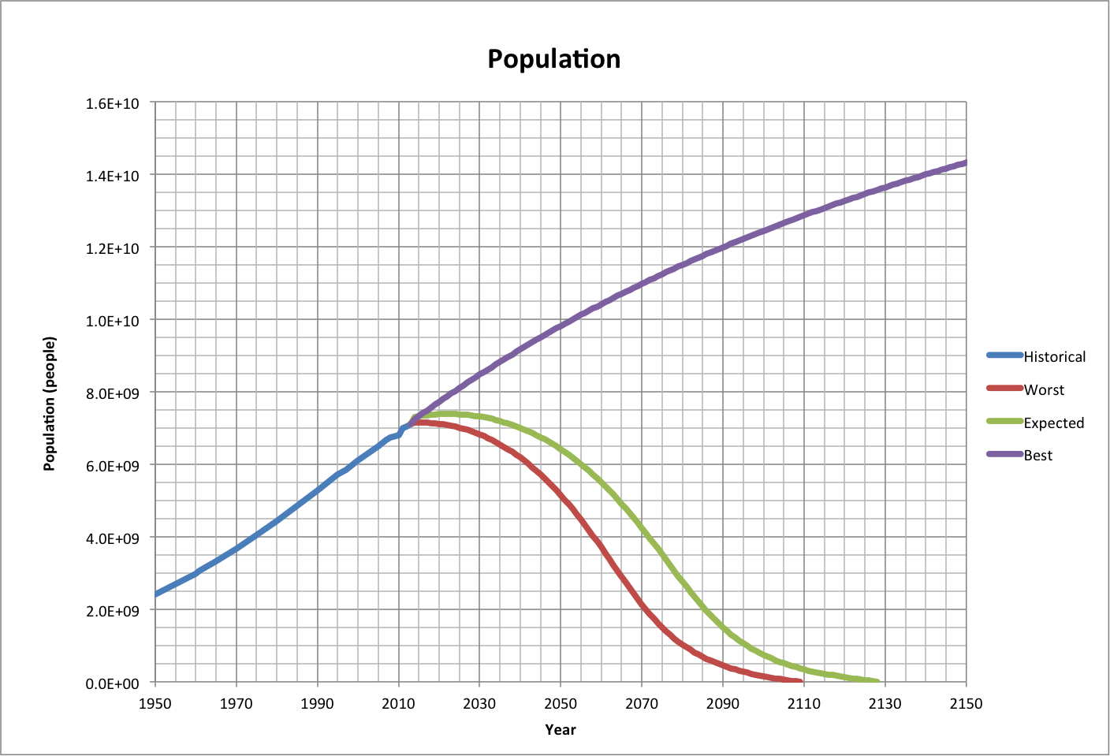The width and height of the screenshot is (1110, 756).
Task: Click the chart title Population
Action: [553, 59]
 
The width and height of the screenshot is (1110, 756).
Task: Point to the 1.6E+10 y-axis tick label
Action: [112, 103]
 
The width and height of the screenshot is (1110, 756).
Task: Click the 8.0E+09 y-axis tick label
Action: [112, 393]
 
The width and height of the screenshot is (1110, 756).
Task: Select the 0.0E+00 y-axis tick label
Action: [112, 683]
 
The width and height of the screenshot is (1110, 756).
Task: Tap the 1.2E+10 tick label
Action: [112, 248]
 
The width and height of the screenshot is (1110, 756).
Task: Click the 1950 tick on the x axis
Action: [155, 703]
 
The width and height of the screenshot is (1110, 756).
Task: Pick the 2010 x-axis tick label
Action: [399, 703]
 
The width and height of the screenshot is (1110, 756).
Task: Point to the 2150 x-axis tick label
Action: [966, 703]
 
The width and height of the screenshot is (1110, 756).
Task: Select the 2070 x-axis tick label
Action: [642, 703]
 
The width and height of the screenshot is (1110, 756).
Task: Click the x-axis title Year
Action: [560, 730]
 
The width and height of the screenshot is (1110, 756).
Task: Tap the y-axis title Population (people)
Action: [50, 404]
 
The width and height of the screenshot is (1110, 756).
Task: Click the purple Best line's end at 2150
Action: [965, 163]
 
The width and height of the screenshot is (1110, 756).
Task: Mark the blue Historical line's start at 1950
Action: [156, 594]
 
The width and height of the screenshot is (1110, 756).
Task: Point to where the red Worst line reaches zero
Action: [800, 681]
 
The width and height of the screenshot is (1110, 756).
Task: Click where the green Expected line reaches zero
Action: [877, 681]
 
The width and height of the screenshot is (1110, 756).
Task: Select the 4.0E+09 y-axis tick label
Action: [112, 538]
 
